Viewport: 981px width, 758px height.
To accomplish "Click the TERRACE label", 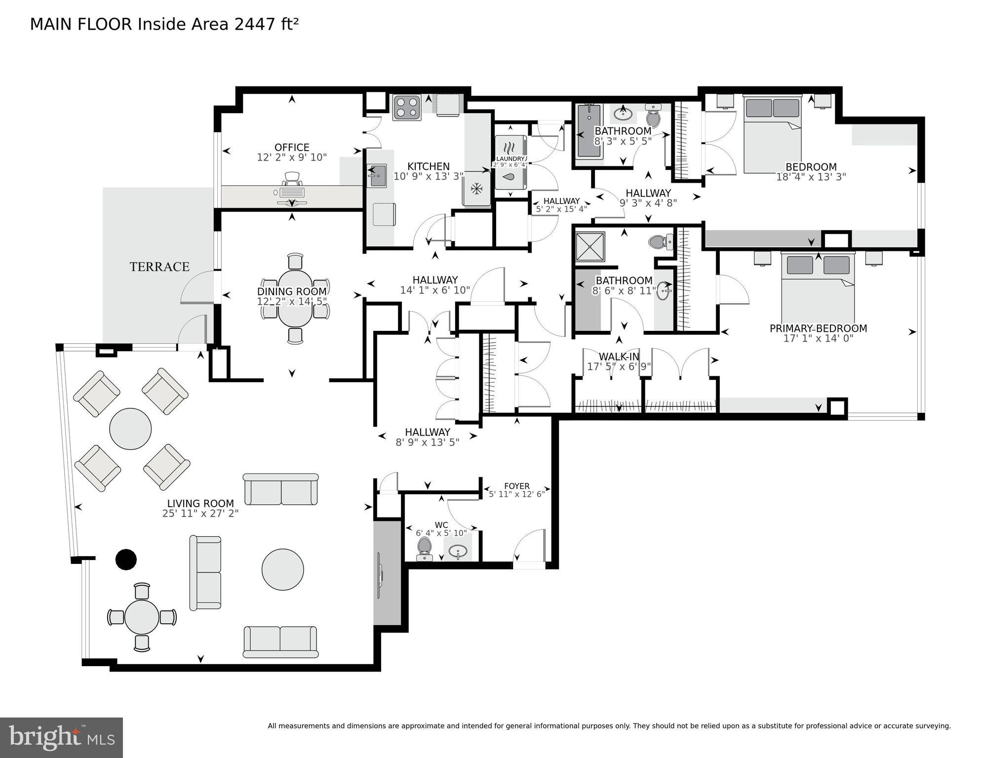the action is click(x=159, y=267).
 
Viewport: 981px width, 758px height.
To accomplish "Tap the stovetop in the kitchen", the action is click(x=407, y=107).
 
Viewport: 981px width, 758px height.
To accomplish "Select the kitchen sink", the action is click(x=377, y=176).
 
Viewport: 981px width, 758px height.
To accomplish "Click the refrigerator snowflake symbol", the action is click(x=476, y=188).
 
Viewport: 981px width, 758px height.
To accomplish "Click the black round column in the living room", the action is click(x=126, y=559).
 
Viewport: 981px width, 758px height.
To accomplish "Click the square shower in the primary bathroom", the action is click(x=590, y=247).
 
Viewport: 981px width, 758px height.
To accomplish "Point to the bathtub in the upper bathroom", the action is click(x=589, y=130).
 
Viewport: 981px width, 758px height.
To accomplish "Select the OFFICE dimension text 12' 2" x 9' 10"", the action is click(x=292, y=158).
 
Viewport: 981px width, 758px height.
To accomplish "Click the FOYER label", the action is click(x=517, y=486).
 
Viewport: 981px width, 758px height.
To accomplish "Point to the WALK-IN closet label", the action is click(x=619, y=357).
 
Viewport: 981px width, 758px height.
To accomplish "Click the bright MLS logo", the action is click(x=61, y=738).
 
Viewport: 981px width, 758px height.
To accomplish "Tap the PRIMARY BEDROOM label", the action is click(x=819, y=328).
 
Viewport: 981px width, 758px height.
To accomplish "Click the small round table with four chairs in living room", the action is click(x=142, y=617).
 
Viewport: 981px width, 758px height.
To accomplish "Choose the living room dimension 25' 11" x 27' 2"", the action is click(x=200, y=514).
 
